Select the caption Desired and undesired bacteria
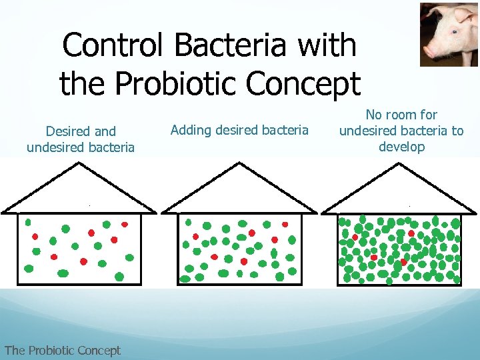tap(81, 139)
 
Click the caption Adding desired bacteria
tap(239, 130)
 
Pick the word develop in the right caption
tap(401, 147)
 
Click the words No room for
tap(401, 115)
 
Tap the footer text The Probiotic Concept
tap(62, 350)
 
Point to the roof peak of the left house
tap(79, 163)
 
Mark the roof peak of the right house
tap(400, 163)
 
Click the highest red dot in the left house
tap(106, 223)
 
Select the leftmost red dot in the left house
tap(35, 236)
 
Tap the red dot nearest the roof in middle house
tap(285, 225)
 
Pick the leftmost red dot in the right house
tap(355, 237)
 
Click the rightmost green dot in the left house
tap(129, 257)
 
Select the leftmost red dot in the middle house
tap(196, 237)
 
